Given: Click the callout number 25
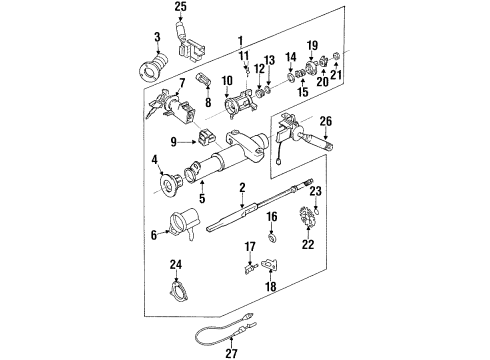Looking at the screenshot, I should pos(180,8).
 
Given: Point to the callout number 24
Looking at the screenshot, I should pos(176,264).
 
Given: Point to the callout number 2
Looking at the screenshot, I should pos(242,186).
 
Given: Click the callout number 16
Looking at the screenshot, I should pos(272,216).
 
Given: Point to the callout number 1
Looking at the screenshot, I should pos(240,39).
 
